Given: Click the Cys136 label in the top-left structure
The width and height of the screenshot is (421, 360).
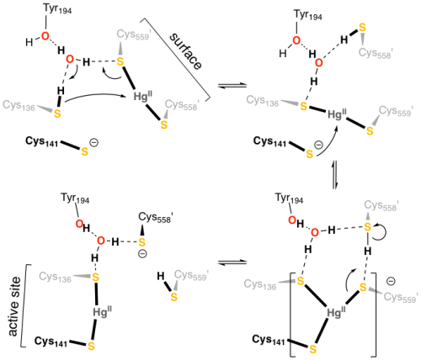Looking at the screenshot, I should (19, 106).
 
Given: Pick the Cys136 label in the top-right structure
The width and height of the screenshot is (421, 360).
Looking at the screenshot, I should (262, 102).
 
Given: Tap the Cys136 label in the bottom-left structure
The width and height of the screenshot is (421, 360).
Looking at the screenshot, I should (55, 277).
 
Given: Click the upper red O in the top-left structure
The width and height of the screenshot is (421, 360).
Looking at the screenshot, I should (45, 36).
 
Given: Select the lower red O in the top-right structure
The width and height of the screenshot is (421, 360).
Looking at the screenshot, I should (318, 62).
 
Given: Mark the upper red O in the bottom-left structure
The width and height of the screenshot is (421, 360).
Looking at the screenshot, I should (79, 224).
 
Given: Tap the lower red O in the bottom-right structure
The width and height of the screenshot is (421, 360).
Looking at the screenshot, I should (314, 232).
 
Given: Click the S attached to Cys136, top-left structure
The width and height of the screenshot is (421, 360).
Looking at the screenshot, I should (57, 114).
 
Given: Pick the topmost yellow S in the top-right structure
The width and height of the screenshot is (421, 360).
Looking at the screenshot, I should (362, 28).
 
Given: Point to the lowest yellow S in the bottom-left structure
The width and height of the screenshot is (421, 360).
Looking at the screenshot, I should (91, 346).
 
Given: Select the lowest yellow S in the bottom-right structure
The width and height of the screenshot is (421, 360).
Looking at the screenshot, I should (312, 348).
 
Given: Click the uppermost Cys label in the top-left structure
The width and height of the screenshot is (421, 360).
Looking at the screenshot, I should (133, 34).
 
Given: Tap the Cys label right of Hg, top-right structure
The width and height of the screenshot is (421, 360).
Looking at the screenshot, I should (395, 111).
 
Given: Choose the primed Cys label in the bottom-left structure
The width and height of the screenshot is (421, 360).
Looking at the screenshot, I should (191, 275).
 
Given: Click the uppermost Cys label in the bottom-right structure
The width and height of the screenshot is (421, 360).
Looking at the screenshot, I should (381, 205).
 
